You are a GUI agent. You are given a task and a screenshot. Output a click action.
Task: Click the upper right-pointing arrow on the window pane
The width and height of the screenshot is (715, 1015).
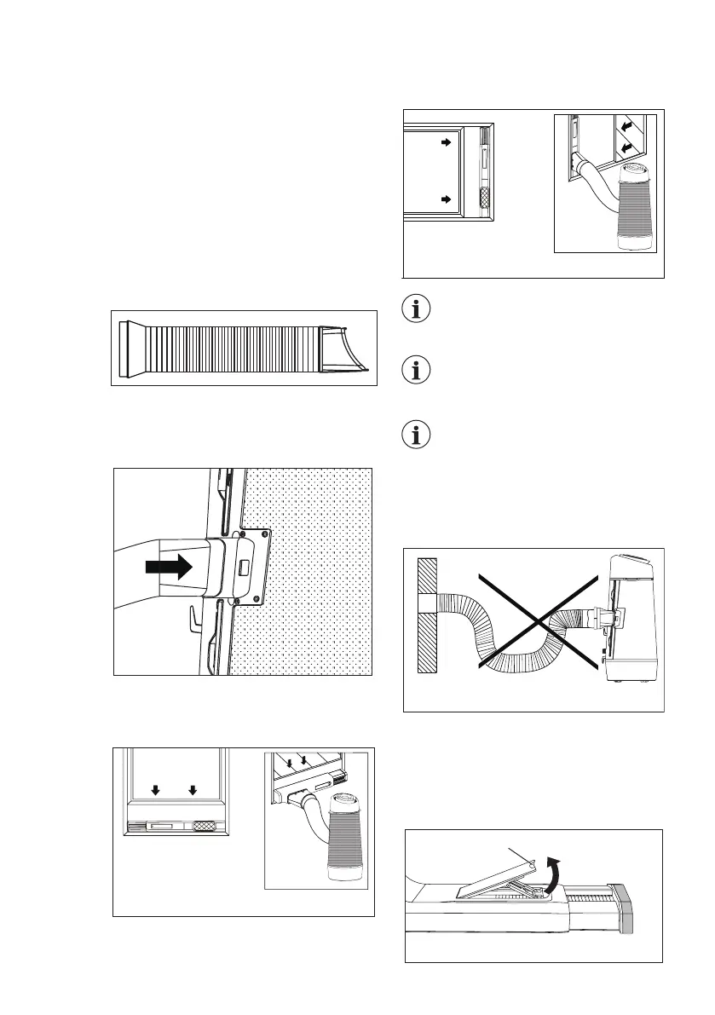tap(445, 144)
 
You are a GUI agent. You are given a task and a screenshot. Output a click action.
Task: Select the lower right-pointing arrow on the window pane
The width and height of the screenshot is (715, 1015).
tap(445, 199)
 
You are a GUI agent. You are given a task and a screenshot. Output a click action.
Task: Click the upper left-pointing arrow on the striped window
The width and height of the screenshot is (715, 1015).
tap(628, 125)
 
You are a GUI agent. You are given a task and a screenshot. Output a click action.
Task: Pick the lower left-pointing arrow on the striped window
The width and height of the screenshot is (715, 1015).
tap(628, 147)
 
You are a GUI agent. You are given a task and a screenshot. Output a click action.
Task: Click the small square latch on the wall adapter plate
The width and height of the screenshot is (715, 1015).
tap(243, 567)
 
